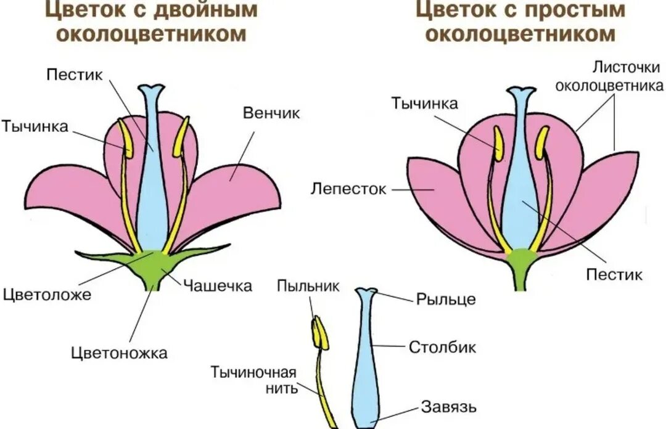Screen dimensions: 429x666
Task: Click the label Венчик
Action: click(x=271, y=113)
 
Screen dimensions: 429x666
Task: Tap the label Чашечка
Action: click(x=217, y=285)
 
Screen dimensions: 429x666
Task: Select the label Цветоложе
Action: click(x=47, y=294)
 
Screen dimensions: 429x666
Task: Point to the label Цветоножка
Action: click(x=119, y=353)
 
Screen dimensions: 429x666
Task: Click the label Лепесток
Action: click(x=348, y=189)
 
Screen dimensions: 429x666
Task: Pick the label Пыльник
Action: click(x=308, y=286)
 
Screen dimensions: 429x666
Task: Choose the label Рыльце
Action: click(x=446, y=300)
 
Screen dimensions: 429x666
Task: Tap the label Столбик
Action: click(x=443, y=347)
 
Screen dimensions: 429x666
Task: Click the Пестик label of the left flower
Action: click(x=74, y=74)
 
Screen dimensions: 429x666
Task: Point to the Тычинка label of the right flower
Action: click(x=424, y=103)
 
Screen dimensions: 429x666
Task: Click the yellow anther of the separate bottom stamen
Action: click(x=319, y=333)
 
